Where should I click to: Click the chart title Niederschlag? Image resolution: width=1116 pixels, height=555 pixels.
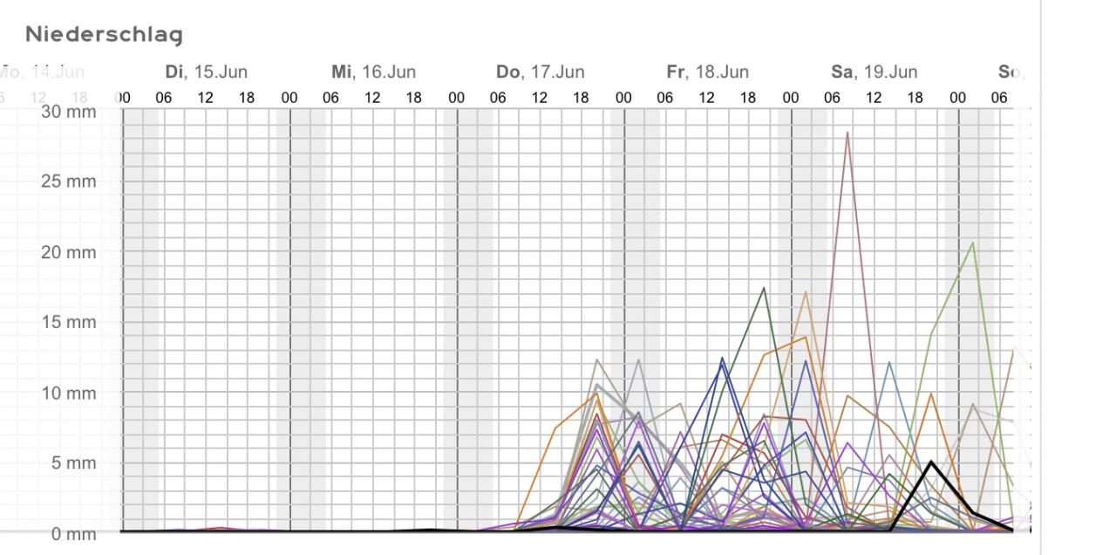tap(104, 35)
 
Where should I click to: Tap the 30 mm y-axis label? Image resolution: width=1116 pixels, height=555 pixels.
tap(68, 112)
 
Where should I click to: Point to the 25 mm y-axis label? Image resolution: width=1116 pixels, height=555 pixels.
tap(68, 182)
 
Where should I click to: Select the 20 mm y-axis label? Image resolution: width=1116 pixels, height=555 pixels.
tap(68, 252)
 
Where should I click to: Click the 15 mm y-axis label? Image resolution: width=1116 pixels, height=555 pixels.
tap(68, 322)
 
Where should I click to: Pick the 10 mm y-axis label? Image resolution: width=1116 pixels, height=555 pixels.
tap(68, 393)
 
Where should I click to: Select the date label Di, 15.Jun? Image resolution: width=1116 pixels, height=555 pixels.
tap(206, 72)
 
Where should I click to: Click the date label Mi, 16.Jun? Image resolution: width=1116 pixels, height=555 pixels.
tap(373, 72)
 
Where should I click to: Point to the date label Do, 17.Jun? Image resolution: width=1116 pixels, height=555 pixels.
tap(540, 72)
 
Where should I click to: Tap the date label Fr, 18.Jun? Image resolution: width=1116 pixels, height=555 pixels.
tap(707, 72)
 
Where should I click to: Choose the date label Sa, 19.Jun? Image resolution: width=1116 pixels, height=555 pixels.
tap(874, 72)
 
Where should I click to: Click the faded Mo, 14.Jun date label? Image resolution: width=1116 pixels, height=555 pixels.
tap(44, 72)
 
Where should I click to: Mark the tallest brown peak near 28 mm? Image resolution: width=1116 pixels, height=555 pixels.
tap(847, 133)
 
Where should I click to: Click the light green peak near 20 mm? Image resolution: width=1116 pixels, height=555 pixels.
tap(972, 243)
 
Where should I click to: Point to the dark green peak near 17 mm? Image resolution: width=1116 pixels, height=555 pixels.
tap(764, 288)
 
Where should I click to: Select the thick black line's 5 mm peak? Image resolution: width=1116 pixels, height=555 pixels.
tap(931, 462)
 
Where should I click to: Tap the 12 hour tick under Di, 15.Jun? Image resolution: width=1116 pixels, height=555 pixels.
tap(205, 98)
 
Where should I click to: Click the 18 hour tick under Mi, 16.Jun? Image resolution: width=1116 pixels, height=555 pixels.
tap(413, 98)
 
